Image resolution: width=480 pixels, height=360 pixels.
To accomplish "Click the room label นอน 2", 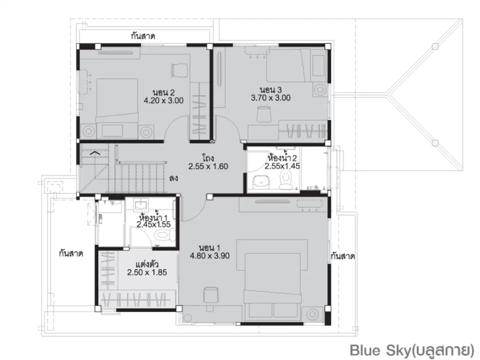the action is click(x=164, y=93).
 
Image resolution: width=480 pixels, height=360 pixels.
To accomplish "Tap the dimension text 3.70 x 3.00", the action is click(x=271, y=98).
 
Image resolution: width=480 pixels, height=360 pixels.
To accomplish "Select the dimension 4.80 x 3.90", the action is click(x=209, y=256).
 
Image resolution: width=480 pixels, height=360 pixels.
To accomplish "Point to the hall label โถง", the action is click(x=208, y=158).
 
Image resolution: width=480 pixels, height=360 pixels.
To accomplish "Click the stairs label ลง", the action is click(x=173, y=178).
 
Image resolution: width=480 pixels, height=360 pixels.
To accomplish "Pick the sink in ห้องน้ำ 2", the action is click(x=261, y=182).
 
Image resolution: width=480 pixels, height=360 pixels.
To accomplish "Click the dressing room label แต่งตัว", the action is click(x=147, y=264).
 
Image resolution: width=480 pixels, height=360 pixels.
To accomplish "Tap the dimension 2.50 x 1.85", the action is click(x=147, y=273).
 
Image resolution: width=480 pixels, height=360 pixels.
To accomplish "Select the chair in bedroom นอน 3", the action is click(x=264, y=114).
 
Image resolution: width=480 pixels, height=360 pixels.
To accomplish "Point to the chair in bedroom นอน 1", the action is click(x=211, y=295).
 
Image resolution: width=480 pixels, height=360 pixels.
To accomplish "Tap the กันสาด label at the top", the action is click(x=143, y=36).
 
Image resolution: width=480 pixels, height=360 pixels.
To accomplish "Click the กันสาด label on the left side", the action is click(x=71, y=253).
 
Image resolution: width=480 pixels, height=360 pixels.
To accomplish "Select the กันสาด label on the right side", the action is click(x=343, y=256).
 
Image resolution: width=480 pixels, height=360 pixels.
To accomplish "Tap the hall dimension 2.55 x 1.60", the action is click(x=208, y=167).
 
